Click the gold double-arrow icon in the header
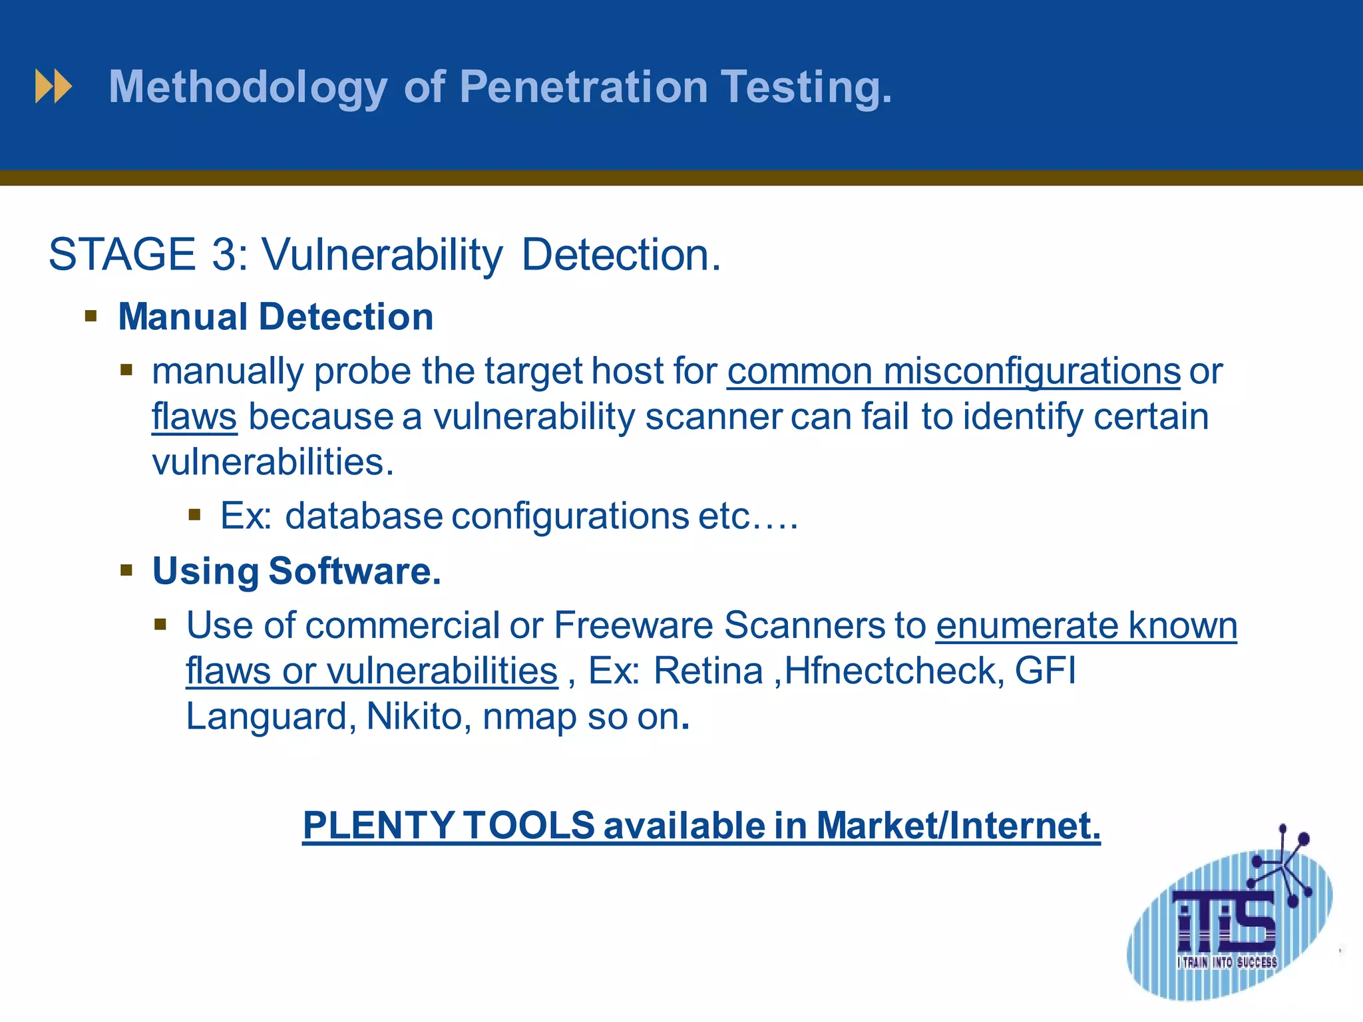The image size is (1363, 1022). [53, 87]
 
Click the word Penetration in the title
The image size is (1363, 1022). [584, 87]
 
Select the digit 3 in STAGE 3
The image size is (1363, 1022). [224, 255]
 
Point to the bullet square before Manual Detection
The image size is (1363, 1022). [91, 315]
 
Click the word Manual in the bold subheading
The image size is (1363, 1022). [182, 317]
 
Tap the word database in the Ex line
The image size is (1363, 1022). [363, 516]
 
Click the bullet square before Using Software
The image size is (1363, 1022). [126, 570]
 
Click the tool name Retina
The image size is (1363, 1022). [708, 671]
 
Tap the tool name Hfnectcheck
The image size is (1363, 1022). [894, 671]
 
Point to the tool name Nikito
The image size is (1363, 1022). [414, 717]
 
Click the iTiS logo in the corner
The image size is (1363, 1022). [1228, 925]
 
